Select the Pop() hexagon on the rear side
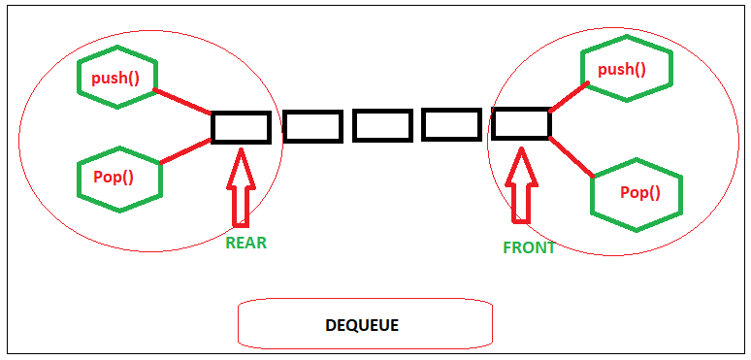pos(119,179)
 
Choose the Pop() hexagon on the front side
pos(637,192)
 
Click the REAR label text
pos(245,244)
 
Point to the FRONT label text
pos(529,247)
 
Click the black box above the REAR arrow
pos(241,127)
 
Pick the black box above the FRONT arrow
pos(521,124)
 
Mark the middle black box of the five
pos(382,126)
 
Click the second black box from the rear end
pos(312,126)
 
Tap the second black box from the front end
pos(451,125)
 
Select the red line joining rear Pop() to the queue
pos(186,151)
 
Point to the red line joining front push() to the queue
pos(568,97)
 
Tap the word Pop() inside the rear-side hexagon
pos(114,179)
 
